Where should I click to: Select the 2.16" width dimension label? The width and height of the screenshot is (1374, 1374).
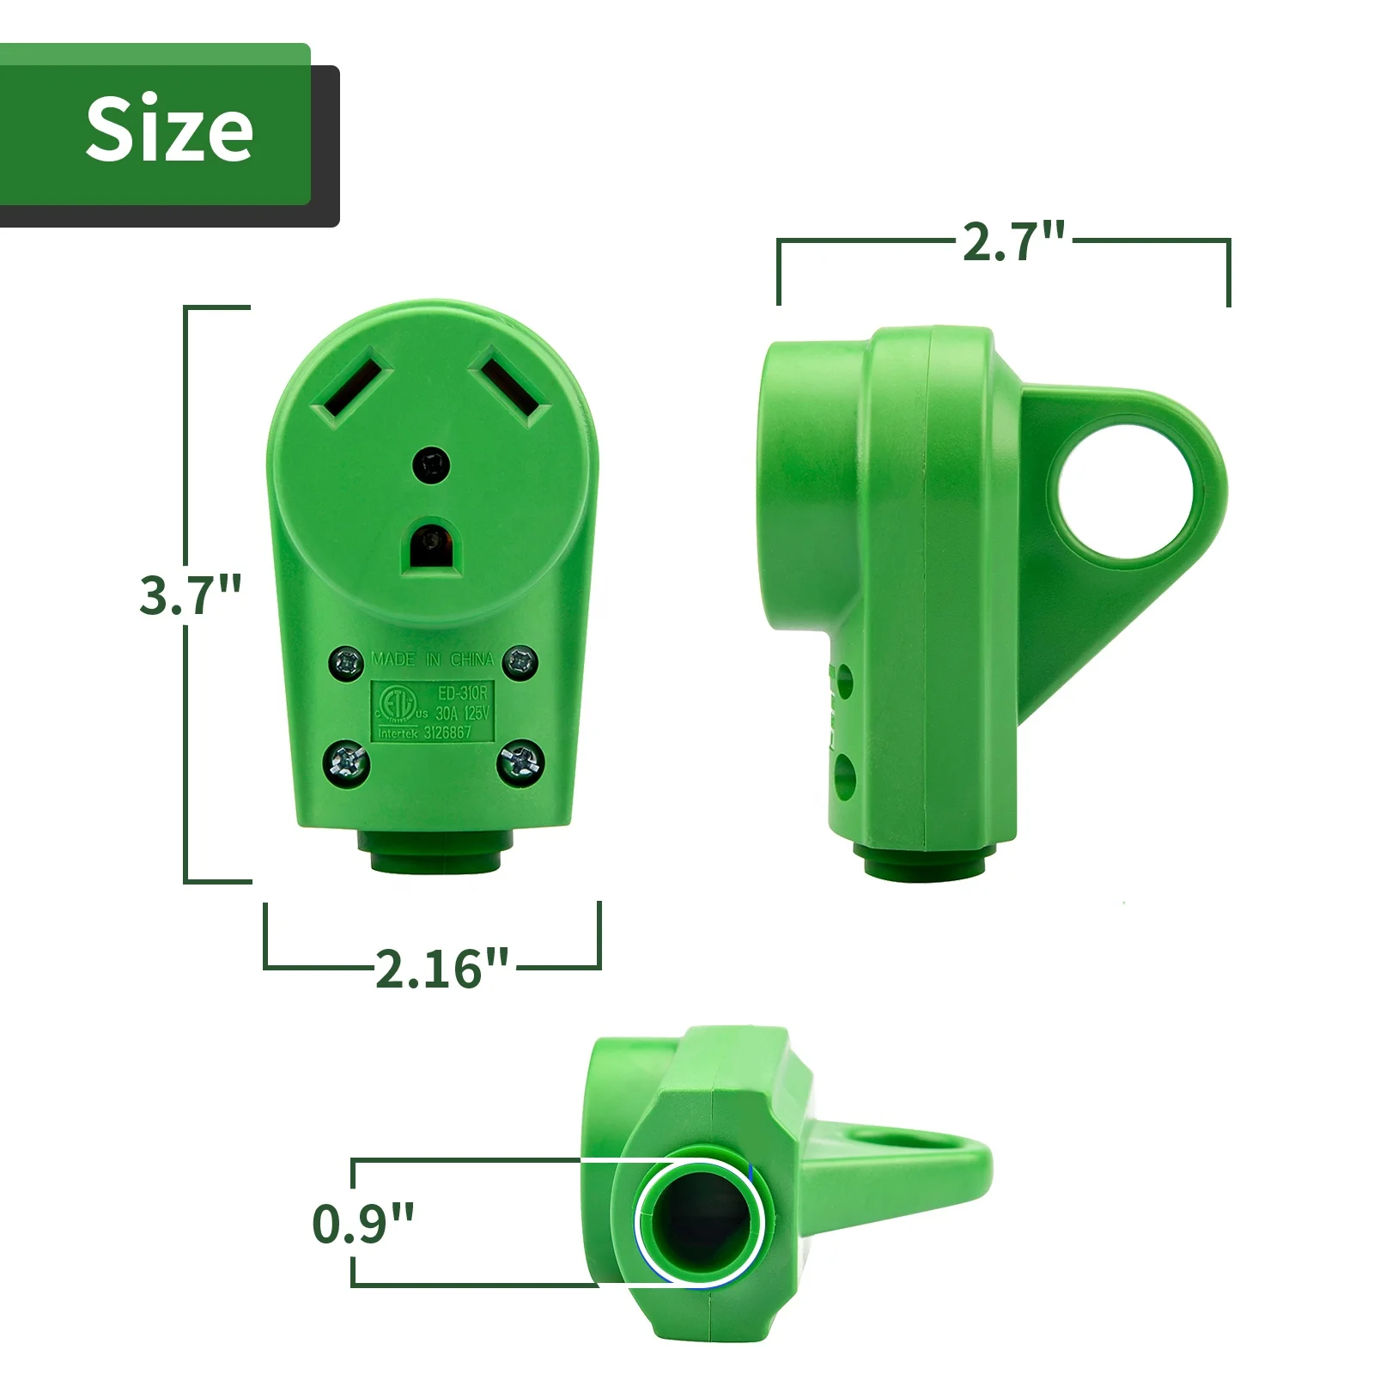[x=441, y=968]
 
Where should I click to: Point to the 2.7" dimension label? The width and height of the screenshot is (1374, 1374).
[x=1013, y=241]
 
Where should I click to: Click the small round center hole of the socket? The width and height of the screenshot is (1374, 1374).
[x=431, y=466]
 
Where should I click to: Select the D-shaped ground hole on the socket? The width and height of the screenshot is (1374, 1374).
[x=432, y=545]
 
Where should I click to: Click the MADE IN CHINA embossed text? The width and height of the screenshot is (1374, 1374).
[x=433, y=660]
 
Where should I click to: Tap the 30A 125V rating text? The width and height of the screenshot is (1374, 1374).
[x=461, y=713]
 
